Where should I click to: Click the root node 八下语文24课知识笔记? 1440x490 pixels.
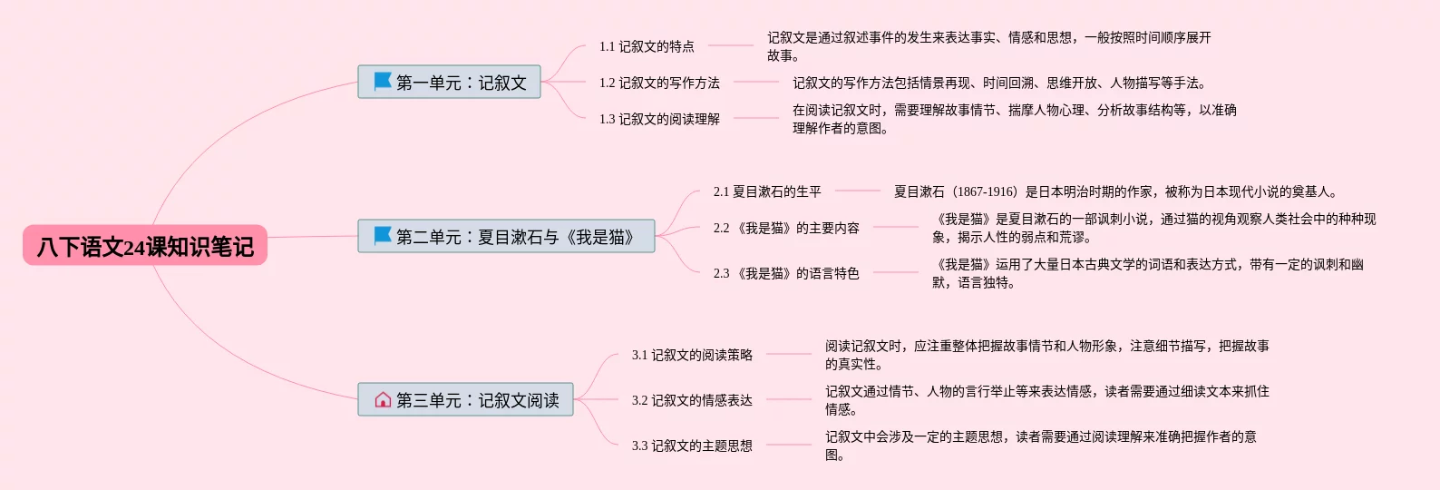(145, 246)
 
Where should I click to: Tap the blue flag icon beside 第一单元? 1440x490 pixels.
(383, 82)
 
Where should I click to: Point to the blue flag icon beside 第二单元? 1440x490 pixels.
(383, 236)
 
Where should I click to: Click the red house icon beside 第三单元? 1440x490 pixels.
(383, 399)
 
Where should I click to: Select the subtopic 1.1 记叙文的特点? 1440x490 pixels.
(647, 46)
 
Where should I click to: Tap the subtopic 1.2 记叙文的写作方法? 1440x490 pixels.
(659, 83)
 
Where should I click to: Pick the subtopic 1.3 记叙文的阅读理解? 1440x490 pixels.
(659, 119)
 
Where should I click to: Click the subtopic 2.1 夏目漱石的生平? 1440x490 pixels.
(767, 191)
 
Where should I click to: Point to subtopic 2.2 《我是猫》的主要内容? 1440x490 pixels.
(786, 228)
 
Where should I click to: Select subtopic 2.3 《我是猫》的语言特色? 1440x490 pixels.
(786, 273)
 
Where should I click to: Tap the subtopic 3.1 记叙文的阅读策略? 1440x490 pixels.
(692, 355)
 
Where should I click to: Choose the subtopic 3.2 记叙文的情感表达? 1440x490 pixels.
(692, 400)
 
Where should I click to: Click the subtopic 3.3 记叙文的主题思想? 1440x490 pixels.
(692, 446)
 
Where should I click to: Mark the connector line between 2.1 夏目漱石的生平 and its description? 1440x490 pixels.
(857, 191)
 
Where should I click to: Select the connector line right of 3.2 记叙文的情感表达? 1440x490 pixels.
(789, 399)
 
